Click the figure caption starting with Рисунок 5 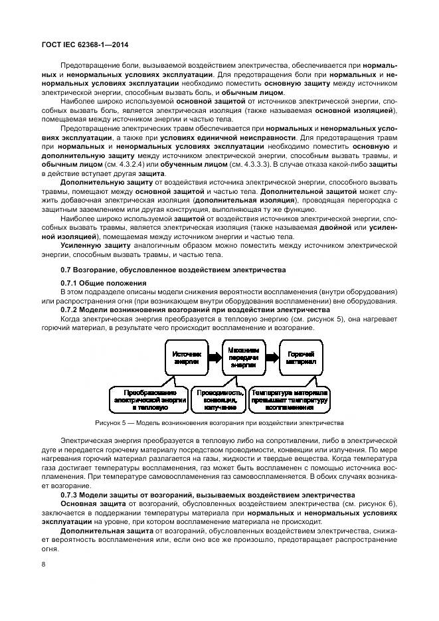click(219, 422)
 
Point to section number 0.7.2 click(71, 310)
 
